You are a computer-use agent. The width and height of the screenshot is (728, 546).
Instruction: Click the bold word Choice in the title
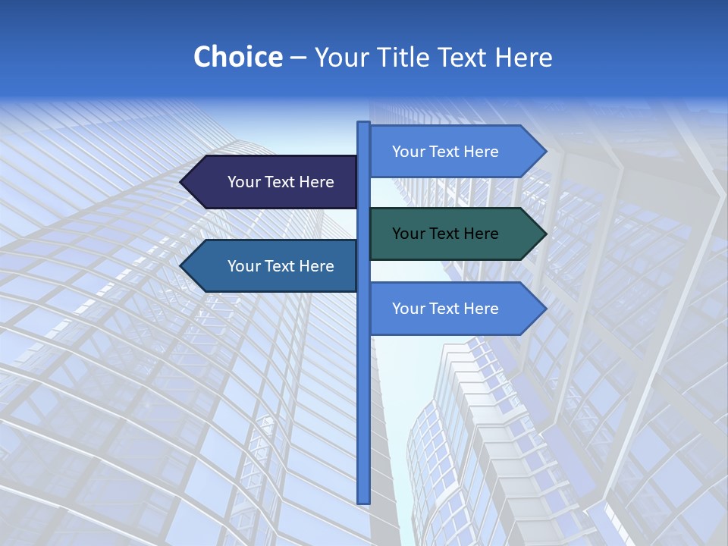(237, 58)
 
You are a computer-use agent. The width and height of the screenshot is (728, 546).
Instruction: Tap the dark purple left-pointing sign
(273, 182)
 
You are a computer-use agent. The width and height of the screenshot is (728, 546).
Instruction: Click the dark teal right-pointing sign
(455, 234)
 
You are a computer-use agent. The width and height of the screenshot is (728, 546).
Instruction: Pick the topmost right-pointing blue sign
(455, 152)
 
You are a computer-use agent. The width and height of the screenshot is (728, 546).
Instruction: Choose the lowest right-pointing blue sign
(455, 309)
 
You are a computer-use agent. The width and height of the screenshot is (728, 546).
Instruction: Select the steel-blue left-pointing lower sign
(273, 266)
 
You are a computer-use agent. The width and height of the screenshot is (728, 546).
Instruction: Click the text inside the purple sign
(281, 182)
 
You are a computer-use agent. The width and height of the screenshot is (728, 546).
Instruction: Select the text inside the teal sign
(445, 234)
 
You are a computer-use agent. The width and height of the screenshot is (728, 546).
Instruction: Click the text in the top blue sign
(445, 152)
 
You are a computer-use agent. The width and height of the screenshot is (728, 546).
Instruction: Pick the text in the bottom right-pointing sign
(445, 309)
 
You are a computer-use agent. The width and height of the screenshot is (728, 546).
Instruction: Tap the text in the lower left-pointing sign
(281, 266)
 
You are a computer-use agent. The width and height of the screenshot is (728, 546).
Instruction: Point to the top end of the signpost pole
(363, 124)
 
